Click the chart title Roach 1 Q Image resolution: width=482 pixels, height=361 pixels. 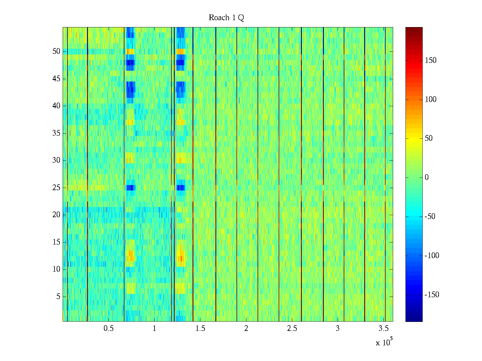pyautogui.click(x=226, y=18)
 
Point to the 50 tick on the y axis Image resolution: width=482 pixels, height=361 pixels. pyautogui.click(x=56, y=51)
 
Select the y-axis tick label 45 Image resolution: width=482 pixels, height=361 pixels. pyautogui.click(x=56, y=79)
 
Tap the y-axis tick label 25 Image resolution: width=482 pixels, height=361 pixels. pyautogui.click(x=56, y=188)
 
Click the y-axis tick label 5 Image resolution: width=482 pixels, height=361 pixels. pyautogui.click(x=58, y=297)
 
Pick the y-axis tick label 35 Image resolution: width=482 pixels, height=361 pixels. pyautogui.click(x=56, y=133)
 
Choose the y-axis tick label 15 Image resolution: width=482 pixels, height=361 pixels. pyautogui.click(x=56, y=242)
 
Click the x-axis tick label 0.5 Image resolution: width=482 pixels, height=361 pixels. pyautogui.click(x=108, y=329)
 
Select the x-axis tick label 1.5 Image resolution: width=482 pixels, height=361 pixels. pyautogui.click(x=200, y=329)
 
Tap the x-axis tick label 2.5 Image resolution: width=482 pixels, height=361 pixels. pyautogui.click(x=292, y=329)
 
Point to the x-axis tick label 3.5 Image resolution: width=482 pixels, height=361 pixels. pyautogui.click(x=383, y=329)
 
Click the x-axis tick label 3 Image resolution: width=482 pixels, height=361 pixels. pyautogui.click(x=338, y=329)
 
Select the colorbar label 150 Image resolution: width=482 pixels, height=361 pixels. pyautogui.click(x=430, y=60)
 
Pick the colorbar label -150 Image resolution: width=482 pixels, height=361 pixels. pyautogui.click(x=432, y=295)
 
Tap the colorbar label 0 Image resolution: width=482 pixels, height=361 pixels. pyautogui.click(x=427, y=177)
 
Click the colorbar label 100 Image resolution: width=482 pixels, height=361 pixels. pyautogui.click(x=430, y=100)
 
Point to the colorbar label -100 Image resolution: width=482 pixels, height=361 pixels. pyautogui.click(x=432, y=256)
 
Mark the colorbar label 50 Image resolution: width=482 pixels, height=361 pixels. pyautogui.click(x=429, y=138)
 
